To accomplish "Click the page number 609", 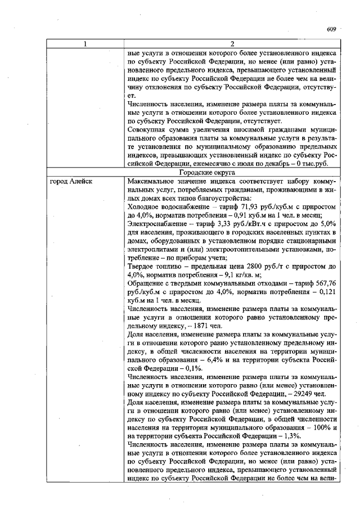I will tap(331, 29).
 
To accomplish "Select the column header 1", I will tap(84, 44).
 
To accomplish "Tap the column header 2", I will tap(232, 44).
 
